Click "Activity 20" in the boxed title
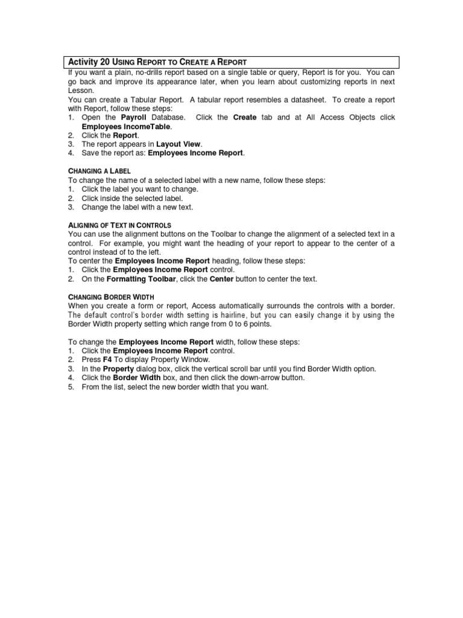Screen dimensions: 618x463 [x=87, y=62]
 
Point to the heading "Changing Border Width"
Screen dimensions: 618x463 [x=111, y=297]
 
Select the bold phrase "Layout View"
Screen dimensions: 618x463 [x=179, y=144]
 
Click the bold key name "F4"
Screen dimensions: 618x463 [x=108, y=360]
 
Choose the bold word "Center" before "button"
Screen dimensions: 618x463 [x=221, y=279]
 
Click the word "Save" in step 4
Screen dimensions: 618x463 [x=90, y=153]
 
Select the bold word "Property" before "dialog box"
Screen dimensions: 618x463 [x=118, y=369]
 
